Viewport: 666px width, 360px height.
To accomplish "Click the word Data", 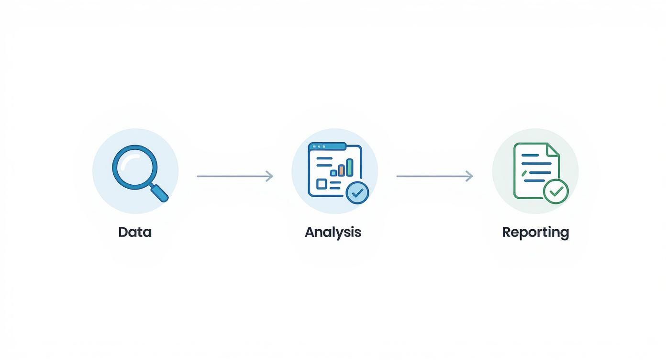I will point(135,232).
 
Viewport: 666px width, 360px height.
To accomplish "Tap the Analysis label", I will point(333,232).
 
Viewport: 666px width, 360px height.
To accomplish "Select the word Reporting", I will point(535,232).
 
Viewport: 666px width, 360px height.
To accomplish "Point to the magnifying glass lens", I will point(134,167).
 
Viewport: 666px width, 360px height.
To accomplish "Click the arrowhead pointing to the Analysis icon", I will point(270,176).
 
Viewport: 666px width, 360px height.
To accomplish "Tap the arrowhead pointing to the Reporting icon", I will point(469,176).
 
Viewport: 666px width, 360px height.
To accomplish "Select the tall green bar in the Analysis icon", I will point(350,167).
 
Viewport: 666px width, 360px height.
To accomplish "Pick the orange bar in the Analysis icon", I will point(342,170).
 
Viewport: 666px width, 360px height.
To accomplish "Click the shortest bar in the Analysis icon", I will point(333,173).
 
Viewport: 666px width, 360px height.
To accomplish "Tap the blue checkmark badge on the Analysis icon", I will point(357,193).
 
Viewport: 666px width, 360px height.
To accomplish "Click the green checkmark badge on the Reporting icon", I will point(556,192).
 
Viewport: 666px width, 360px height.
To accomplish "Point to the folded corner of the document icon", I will point(553,149).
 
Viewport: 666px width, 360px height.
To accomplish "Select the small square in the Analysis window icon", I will point(322,184).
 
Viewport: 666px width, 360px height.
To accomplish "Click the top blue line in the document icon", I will point(530,155).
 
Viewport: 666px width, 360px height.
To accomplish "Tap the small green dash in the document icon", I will point(524,173).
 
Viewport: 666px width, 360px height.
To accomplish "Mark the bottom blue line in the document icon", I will point(534,180).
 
